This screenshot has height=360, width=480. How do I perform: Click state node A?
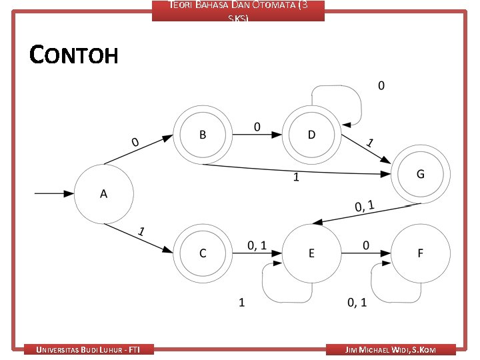pos(103,194)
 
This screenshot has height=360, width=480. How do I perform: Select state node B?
pos(203,135)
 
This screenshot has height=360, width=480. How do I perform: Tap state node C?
pos(203,253)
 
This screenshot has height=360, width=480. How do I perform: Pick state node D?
pos(312,135)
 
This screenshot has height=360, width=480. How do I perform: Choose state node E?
pos(311,253)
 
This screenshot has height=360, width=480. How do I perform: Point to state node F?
pos(420,253)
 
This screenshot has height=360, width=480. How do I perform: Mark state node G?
pos(420,174)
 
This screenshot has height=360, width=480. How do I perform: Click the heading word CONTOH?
pos(74,55)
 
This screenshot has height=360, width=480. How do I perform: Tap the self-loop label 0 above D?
pos(381,85)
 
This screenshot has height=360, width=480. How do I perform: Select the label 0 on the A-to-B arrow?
pos(135,142)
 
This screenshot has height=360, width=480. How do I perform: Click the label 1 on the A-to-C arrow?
pos(141,232)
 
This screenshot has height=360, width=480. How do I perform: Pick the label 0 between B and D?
pos(257,126)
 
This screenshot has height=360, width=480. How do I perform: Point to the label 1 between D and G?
pos(370,143)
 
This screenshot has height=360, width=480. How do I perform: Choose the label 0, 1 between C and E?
pos(257,245)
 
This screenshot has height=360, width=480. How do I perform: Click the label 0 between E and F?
pos(365,245)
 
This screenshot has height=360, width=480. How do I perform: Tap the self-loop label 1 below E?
pos(241,303)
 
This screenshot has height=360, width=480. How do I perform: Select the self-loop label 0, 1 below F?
pos(357,303)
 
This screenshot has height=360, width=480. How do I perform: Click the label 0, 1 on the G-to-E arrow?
pos(364,206)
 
